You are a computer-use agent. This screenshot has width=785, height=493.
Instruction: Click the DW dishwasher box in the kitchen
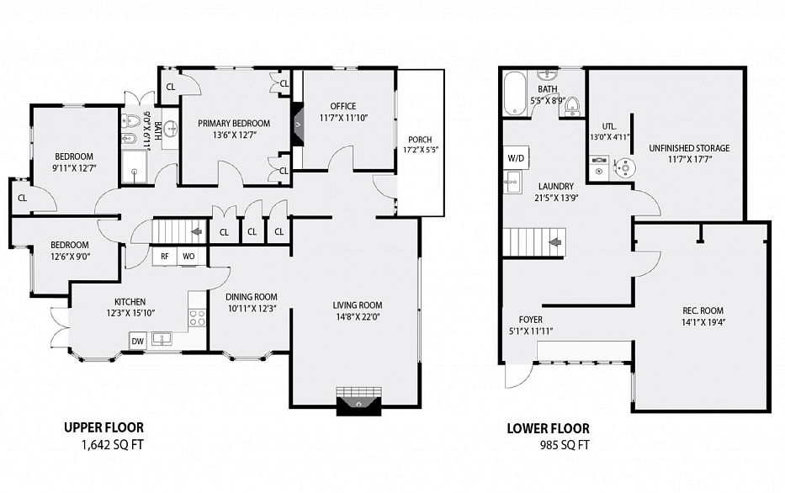tap(137, 340)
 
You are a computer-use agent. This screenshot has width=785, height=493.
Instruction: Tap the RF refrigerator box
tap(165, 256)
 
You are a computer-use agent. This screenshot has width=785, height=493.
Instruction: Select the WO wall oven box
tap(188, 256)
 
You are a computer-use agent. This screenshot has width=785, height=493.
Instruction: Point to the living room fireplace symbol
tap(358, 402)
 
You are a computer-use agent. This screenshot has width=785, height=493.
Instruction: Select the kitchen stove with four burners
tap(198, 317)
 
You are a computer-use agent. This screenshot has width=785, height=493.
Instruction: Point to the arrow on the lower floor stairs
tap(555, 243)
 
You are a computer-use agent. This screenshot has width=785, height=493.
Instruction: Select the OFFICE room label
tap(342, 106)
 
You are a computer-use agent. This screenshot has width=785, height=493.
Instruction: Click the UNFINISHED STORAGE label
tap(689, 148)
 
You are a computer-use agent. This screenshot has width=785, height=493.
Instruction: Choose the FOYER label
tap(530, 320)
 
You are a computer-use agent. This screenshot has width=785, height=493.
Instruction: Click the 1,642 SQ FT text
tap(109, 443)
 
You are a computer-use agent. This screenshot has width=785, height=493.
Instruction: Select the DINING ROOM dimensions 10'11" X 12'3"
tap(251, 309)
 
